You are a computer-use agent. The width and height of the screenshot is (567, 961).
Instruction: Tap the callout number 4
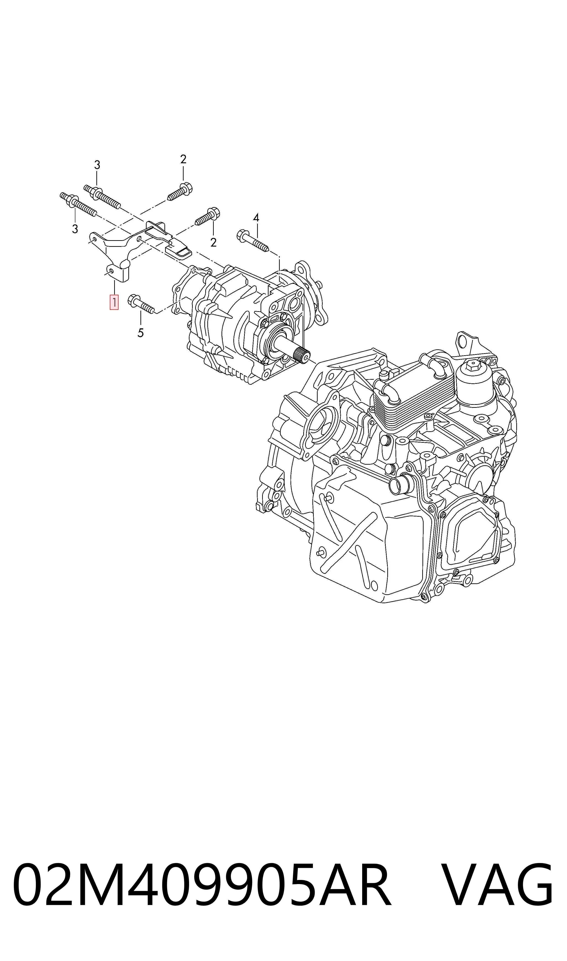pos(256,218)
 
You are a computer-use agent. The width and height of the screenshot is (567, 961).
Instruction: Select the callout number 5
pos(141,333)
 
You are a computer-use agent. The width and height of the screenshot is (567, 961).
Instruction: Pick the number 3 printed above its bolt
pos(97,165)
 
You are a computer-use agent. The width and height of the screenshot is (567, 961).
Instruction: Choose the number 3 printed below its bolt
pos(75,229)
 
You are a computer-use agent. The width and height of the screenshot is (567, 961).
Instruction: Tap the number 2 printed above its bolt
pos(183,159)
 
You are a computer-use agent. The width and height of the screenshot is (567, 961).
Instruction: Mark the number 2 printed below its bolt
pos(214,242)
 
